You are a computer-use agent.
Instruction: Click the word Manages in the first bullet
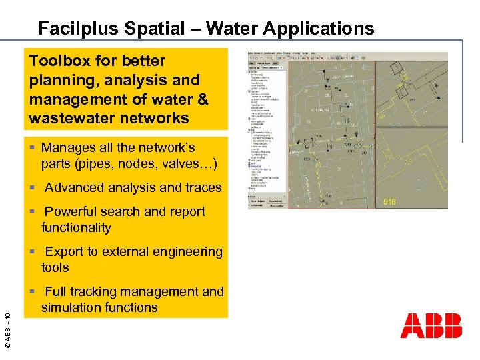pos(68,147)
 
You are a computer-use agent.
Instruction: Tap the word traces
pos(201,187)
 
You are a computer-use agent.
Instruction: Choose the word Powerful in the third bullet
pos(73,211)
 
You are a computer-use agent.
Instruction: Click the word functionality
pos(76,227)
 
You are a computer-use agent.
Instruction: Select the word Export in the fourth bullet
pos(64,251)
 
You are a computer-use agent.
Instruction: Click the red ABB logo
pos(431,326)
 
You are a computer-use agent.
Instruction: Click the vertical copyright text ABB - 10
pos(7,323)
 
